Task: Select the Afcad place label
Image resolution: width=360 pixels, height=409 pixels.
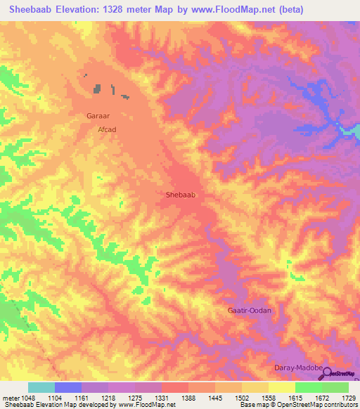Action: pyautogui.click(x=106, y=130)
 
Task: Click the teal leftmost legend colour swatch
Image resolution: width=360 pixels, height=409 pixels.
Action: pyautogui.click(x=41, y=387)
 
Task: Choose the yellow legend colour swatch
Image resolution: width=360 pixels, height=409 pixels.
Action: pyautogui.click(x=281, y=387)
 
